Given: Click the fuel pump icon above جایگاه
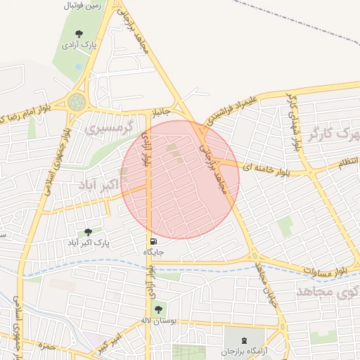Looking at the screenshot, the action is pyautogui.click(x=153, y=241).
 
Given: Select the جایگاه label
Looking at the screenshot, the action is pyautogui.click(x=153, y=252).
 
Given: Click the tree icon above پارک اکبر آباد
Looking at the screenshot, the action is pyautogui.click(x=88, y=232).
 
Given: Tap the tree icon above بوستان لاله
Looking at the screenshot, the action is pyautogui.click(x=157, y=308).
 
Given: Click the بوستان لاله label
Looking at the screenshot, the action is pyautogui.click(x=157, y=319).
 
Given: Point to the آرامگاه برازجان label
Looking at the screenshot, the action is pyautogui.click(x=245, y=351).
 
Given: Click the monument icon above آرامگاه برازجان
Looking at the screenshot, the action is pyautogui.click(x=245, y=338).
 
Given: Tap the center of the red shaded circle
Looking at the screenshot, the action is pyautogui.click(x=180, y=179).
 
